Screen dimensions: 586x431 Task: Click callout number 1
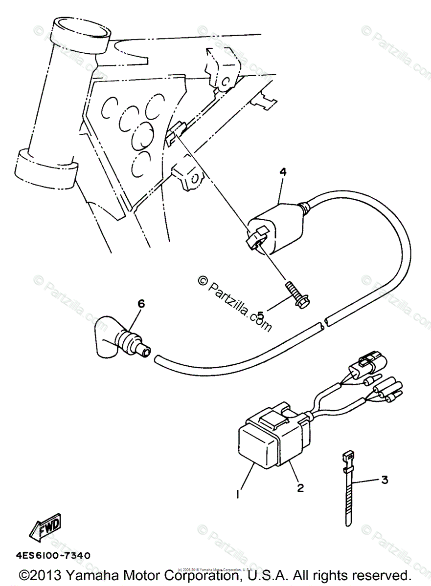pyautogui.click(x=238, y=494)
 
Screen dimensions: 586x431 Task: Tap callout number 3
pyautogui.click(x=385, y=480)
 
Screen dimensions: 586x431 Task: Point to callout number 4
pyautogui.click(x=282, y=172)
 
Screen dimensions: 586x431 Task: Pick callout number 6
pyautogui.click(x=141, y=304)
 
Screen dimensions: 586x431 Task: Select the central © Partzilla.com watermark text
pyautogui.click(x=235, y=301)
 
